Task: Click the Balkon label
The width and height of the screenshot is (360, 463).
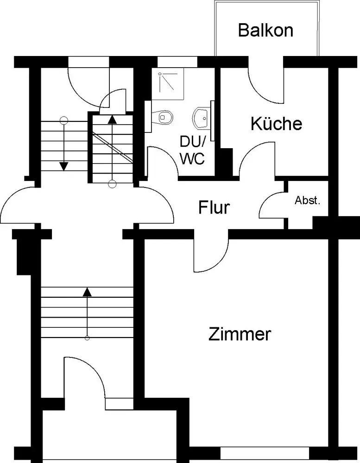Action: [265, 31]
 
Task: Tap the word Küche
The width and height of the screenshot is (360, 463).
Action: [277, 124]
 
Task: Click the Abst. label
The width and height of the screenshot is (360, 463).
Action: [308, 201]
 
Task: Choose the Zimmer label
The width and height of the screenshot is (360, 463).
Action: [240, 334]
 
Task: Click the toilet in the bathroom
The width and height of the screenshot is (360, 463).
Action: [164, 116]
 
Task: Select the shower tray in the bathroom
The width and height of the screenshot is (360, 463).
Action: [169, 84]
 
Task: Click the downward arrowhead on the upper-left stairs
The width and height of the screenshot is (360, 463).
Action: [63, 166]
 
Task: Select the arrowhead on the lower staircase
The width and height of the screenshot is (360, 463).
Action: [87, 292]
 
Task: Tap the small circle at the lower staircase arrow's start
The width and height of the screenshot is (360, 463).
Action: [87, 338]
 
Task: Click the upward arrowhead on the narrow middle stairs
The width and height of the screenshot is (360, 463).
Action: [112, 119]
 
